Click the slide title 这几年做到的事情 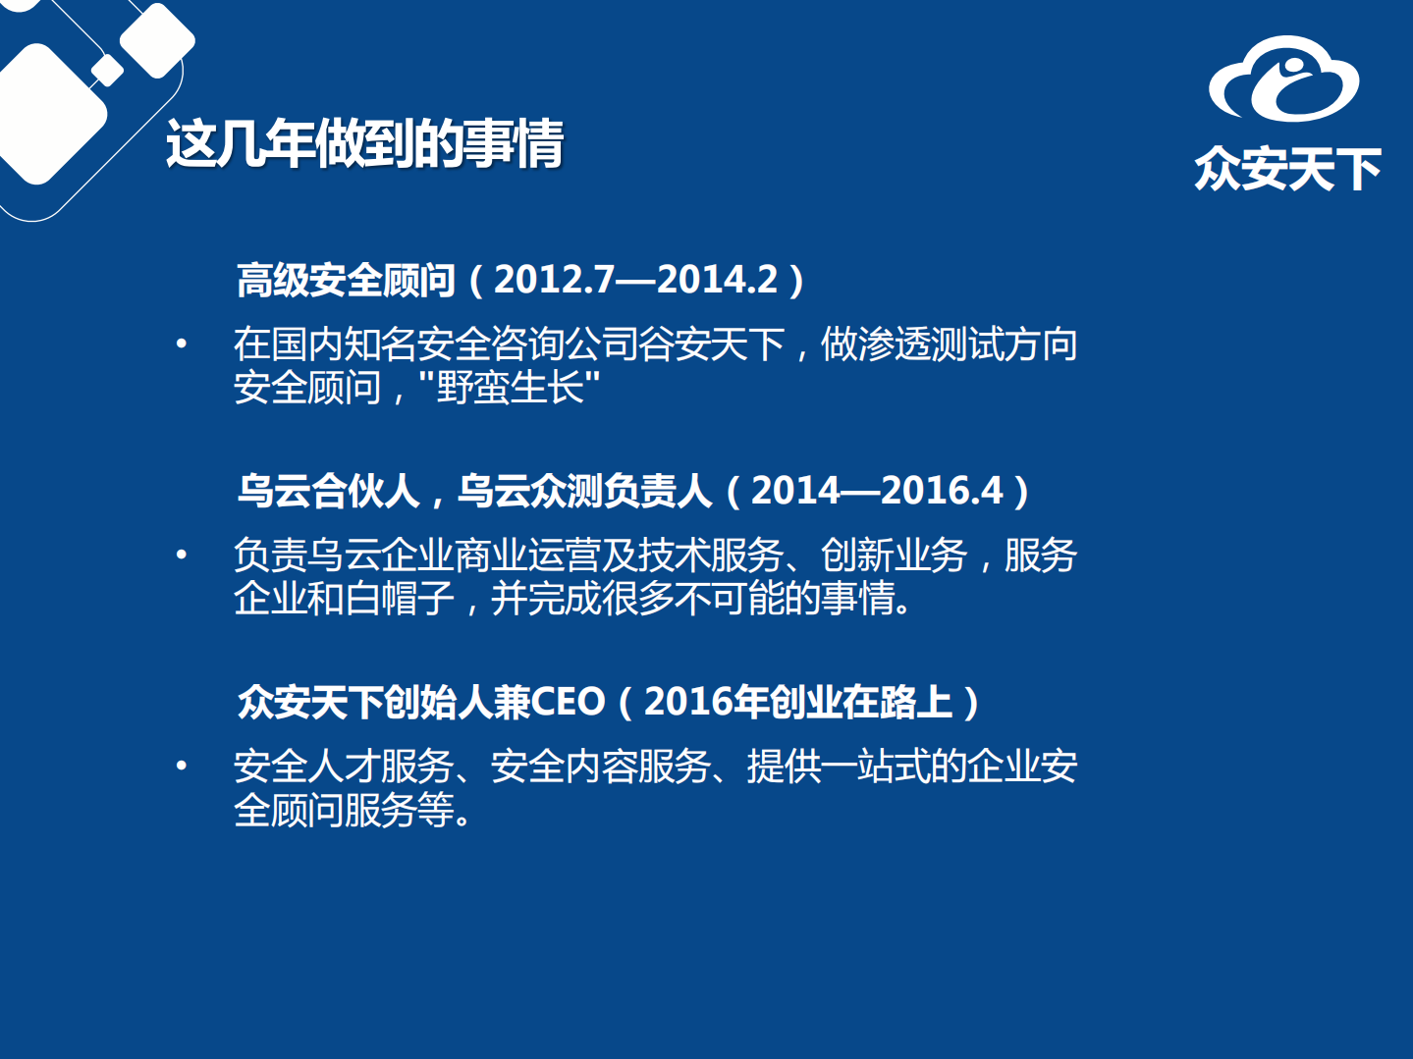point(364,145)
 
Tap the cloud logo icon point(1283,79)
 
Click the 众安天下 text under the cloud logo point(1287,170)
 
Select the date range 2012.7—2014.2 point(635,281)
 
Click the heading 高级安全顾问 point(346,281)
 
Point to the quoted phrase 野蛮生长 point(510,388)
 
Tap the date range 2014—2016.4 point(877,491)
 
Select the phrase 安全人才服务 point(344,767)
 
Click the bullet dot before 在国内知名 point(181,344)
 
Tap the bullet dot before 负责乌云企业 point(181,555)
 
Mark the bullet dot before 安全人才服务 point(181,766)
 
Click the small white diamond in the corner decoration point(106,71)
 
